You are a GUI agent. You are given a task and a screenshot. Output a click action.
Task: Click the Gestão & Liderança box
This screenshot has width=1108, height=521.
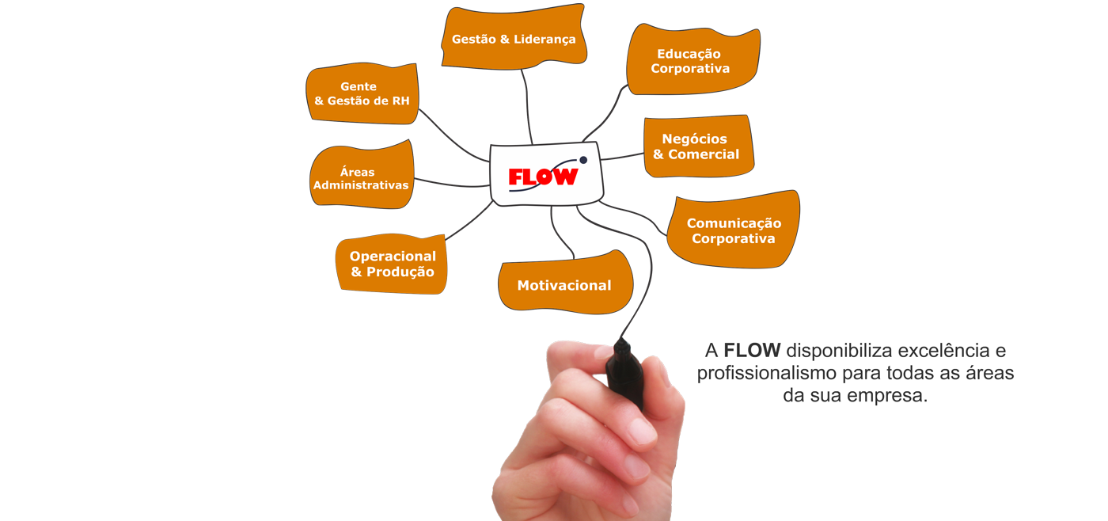click(x=514, y=37)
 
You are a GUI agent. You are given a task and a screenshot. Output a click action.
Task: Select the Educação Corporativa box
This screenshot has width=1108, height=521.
click(x=693, y=59)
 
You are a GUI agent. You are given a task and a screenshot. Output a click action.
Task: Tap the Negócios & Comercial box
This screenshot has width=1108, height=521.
click(x=698, y=146)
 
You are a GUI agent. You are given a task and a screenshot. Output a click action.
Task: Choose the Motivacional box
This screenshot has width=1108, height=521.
click(x=565, y=283)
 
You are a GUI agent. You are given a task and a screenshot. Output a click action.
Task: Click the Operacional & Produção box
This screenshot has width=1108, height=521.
click(x=391, y=264)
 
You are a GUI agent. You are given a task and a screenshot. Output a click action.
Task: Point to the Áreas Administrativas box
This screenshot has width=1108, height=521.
click(x=362, y=175)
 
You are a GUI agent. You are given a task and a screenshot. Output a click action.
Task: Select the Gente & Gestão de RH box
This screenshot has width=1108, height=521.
click(x=362, y=93)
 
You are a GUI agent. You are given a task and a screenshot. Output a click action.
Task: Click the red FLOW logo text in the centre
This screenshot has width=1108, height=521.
click(x=543, y=177)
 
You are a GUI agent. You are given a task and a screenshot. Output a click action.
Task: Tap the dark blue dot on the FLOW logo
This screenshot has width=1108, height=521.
click(x=584, y=160)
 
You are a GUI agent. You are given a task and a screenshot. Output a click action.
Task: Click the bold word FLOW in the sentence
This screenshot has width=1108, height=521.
click(x=752, y=350)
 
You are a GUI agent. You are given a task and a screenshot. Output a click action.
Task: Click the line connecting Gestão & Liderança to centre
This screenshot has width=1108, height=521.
click(x=526, y=106)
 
